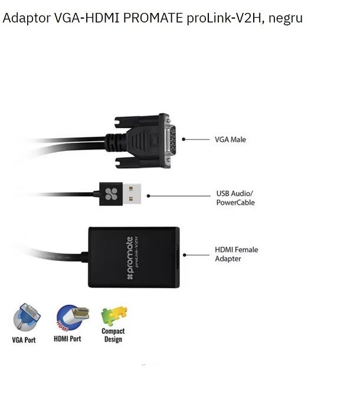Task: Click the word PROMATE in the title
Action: tap(153, 18)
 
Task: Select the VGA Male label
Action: tap(230, 139)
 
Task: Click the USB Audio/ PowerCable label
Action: tap(235, 198)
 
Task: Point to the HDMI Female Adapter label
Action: tap(236, 254)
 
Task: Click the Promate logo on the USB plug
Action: tap(111, 194)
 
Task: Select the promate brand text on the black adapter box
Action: tap(130, 258)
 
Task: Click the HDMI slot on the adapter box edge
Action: tap(178, 258)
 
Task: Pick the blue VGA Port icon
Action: tap(27, 317)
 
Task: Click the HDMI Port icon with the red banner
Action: tap(73, 318)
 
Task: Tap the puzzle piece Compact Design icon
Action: tap(114, 316)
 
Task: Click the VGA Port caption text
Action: tap(24, 340)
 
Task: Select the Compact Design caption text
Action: tap(113, 335)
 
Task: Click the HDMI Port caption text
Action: tap(67, 339)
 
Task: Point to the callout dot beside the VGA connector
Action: tap(184, 139)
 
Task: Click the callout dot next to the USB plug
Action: tap(148, 196)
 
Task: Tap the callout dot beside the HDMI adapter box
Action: tap(185, 255)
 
